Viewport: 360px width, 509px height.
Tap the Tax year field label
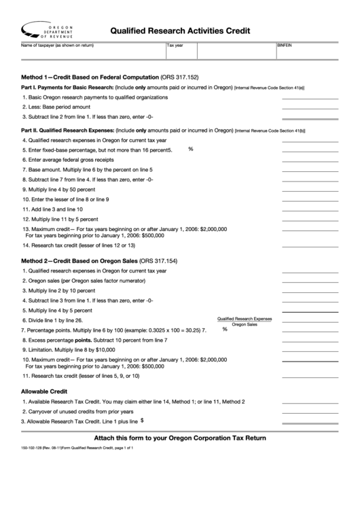point(177,45)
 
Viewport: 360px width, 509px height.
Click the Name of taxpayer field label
point(57,45)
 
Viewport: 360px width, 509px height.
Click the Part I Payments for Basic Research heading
point(67,88)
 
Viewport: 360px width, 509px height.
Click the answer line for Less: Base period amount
point(309,108)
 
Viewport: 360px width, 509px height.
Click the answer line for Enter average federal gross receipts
point(309,160)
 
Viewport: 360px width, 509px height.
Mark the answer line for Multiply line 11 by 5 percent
point(309,220)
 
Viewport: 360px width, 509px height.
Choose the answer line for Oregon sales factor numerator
point(309,281)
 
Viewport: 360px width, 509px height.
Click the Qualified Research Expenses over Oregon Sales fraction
point(244,321)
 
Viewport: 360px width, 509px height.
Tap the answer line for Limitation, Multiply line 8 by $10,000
point(309,350)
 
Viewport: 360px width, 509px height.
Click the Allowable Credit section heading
point(44,391)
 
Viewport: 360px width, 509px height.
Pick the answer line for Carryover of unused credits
point(309,413)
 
